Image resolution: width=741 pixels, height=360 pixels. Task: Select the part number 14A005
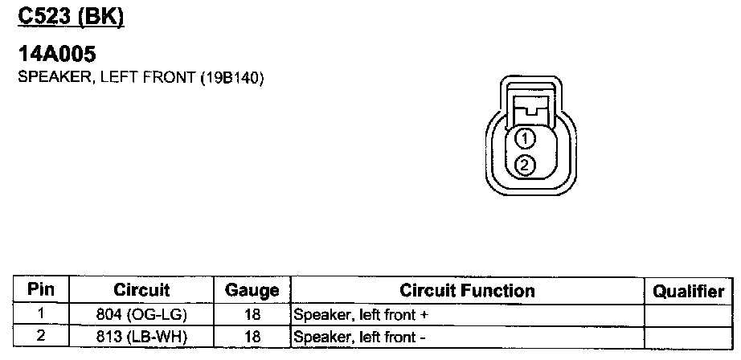[58, 55]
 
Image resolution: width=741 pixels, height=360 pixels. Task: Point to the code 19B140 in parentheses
[231, 79]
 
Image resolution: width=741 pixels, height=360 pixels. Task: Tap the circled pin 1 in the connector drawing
[524, 139]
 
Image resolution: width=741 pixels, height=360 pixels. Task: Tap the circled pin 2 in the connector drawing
[524, 166]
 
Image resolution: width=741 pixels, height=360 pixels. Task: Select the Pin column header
[40, 290]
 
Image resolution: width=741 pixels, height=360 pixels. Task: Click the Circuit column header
[141, 290]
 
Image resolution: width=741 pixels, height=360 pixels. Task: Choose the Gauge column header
[252, 290]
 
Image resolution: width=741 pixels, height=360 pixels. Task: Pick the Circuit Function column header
[467, 290]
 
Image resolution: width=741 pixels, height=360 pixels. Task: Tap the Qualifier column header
[688, 291]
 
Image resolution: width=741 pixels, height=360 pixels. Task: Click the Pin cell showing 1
[40, 314]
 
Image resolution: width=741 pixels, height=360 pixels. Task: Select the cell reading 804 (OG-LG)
[141, 314]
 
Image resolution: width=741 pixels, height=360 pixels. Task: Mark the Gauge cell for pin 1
[252, 314]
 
